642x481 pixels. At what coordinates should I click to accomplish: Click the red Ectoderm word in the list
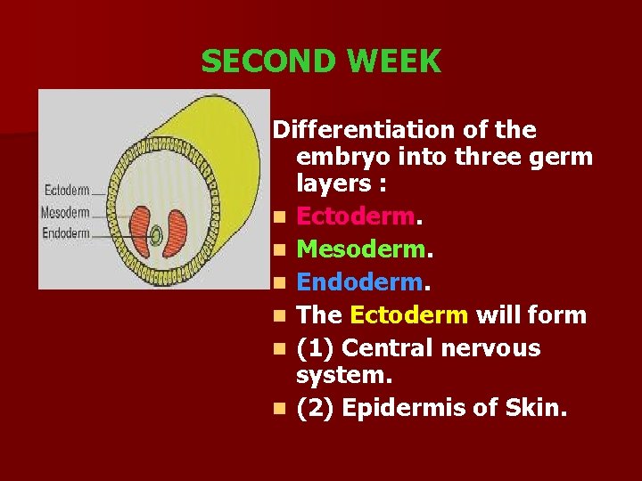click(x=355, y=216)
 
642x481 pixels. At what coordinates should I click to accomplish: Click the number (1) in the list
click(x=315, y=347)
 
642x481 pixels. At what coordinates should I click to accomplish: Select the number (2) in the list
click(x=315, y=409)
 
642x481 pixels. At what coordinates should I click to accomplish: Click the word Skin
click(x=536, y=409)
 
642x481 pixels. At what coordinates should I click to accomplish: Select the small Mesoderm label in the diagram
click(x=65, y=213)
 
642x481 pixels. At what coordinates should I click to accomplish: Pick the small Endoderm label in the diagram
click(x=65, y=233)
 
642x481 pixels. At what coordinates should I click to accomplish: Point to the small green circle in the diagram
click(x=156, y=236)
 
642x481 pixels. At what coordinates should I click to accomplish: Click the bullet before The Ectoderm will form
click(x=280, y=315)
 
